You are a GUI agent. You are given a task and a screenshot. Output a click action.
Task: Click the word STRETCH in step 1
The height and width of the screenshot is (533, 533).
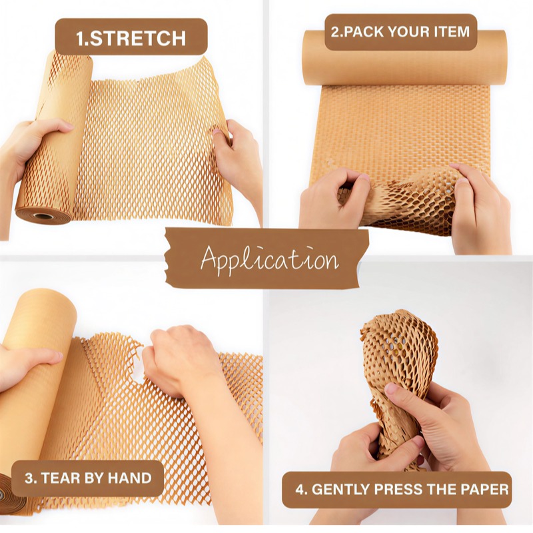138,38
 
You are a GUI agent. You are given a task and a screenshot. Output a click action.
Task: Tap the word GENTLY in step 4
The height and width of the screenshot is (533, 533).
342,490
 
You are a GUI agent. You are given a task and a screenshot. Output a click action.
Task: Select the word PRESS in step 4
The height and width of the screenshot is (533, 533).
398,490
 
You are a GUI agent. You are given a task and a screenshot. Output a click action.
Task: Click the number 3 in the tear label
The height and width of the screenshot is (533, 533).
29,478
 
